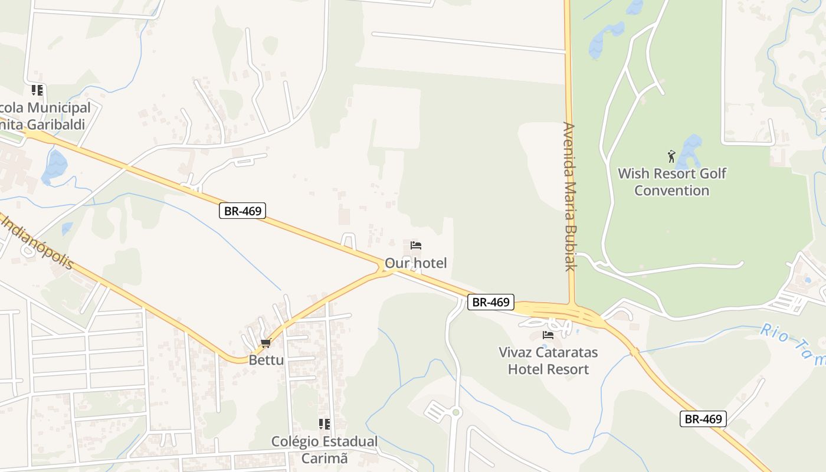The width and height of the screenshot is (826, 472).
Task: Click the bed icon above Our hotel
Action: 416,245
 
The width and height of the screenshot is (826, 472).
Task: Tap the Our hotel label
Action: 415,263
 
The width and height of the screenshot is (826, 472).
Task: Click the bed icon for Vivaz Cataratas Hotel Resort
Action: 548,335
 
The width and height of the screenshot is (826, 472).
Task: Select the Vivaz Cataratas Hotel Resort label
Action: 548,360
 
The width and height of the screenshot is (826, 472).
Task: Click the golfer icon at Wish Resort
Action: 671,156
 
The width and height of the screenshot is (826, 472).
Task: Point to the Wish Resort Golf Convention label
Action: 671,182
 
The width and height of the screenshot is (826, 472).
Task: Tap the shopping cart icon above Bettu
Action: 265,343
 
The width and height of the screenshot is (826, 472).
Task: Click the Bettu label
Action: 266,360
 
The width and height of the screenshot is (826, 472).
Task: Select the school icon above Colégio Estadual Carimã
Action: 324,424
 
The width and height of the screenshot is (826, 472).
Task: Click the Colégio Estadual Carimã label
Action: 324,450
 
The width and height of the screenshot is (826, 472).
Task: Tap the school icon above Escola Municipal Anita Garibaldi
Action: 37,90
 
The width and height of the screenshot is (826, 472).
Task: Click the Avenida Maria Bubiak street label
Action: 569,196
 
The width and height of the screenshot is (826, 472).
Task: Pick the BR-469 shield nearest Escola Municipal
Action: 242,211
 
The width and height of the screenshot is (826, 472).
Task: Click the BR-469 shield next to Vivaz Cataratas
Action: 491,302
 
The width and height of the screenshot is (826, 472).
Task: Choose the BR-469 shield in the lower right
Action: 703,419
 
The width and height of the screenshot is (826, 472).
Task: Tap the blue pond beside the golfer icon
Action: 689,151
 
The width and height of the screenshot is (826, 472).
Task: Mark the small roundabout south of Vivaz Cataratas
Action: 455,412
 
